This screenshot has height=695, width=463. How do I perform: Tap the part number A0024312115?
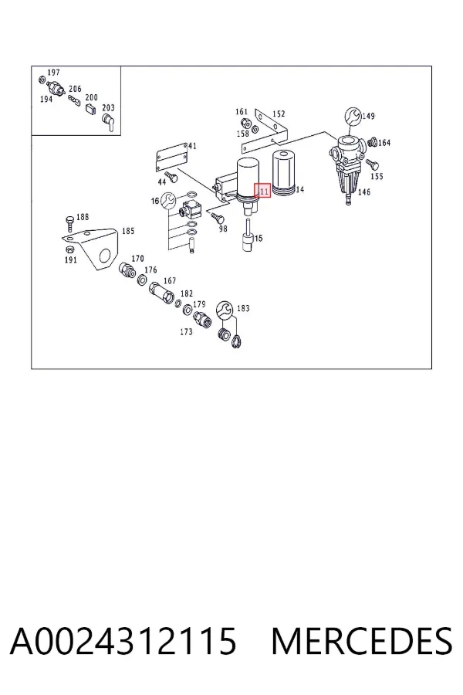123,641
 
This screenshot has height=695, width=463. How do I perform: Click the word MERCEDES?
362,641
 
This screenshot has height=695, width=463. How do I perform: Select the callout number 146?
363,192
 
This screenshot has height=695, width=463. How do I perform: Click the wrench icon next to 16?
168,201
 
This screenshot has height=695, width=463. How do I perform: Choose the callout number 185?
128,231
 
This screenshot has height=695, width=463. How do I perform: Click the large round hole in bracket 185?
105,256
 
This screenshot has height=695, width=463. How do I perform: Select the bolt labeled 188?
69,223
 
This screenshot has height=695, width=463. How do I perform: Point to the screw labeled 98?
218,218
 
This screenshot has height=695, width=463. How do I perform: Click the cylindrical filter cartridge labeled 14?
283,173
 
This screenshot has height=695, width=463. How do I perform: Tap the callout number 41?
192,146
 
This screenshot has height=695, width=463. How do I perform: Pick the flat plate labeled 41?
172,157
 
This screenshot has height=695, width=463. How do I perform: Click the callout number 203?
108,107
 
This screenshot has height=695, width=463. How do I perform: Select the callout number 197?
53,73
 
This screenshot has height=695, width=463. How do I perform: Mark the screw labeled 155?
372,165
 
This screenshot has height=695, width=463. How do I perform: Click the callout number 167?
170,280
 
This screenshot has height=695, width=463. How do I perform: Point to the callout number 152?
279,114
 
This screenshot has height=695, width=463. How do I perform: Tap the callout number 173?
186,331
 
